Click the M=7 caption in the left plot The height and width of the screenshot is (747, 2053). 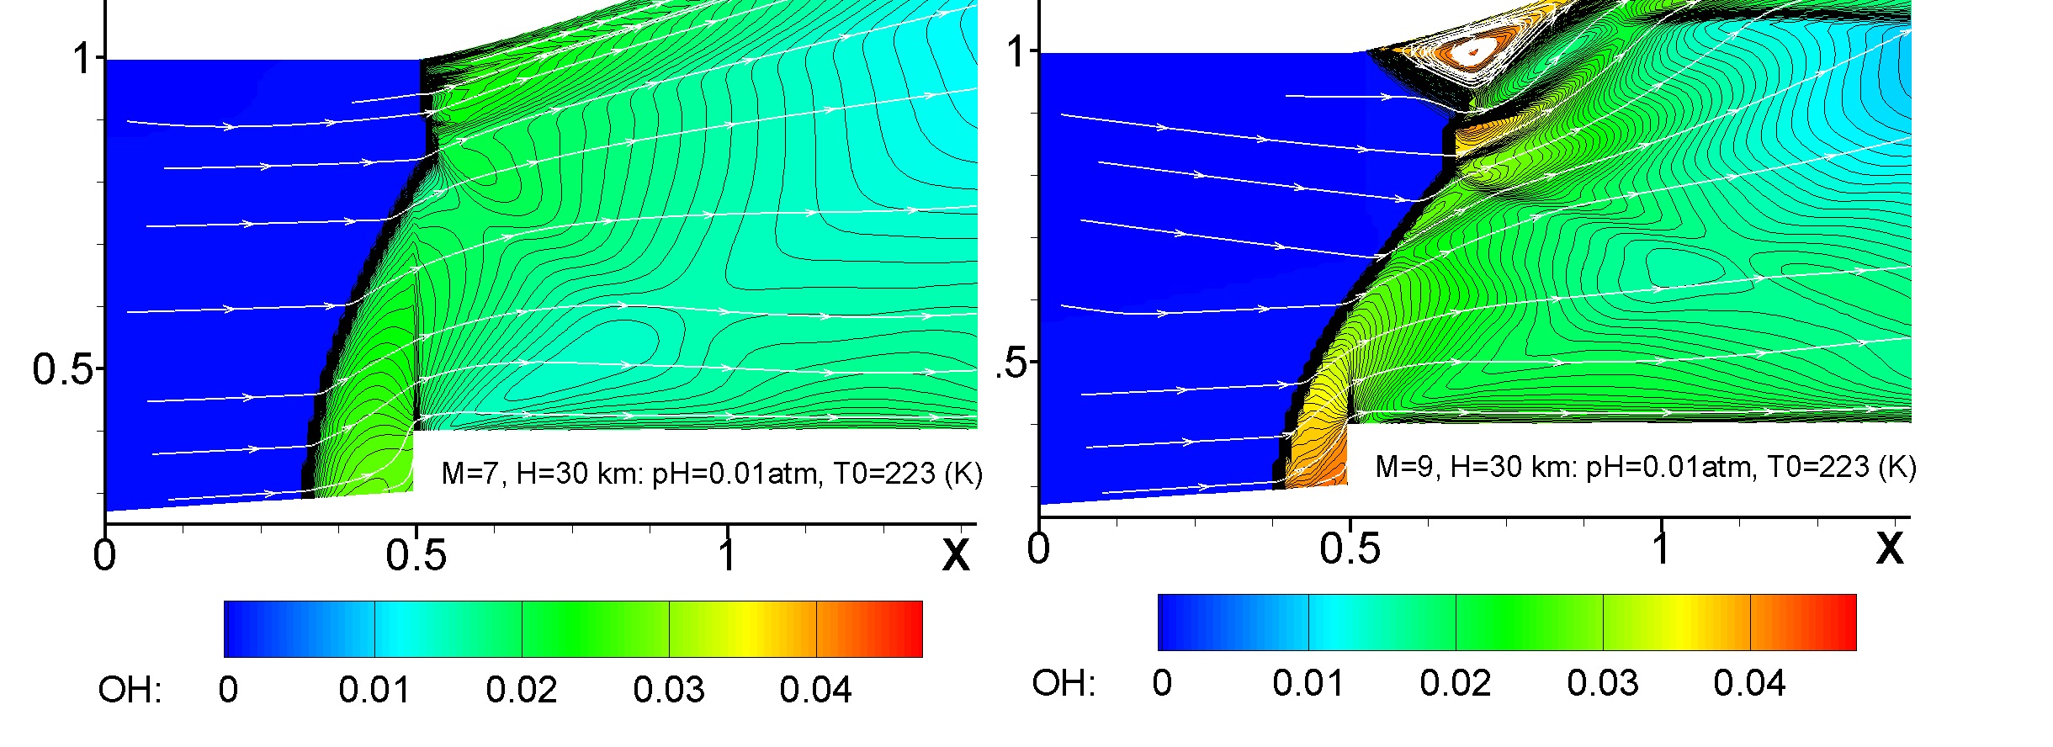[712, 474]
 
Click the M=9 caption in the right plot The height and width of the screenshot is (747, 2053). [1646, 468]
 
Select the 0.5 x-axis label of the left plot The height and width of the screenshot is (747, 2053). [416, 555]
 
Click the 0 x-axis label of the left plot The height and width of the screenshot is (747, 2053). [104, 555]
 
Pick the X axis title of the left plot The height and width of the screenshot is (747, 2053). [956, 555]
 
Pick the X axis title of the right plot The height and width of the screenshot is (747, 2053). [1890, 548]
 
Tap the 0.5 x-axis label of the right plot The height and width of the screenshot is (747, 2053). [1350, 548]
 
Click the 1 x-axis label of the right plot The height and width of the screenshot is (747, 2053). [1661, 548]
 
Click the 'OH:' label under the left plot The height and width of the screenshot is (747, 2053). [130, 690]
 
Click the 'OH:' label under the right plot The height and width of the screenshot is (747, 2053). [1064, 683]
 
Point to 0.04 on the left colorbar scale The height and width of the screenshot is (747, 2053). [815, 690]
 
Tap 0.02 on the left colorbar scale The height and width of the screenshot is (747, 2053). [522, 690]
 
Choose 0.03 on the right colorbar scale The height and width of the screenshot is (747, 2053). [1603, 683]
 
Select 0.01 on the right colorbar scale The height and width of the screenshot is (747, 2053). [1308, 683]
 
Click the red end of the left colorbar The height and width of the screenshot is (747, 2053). [913, 628]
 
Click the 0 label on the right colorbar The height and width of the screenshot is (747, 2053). [1162, 683]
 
